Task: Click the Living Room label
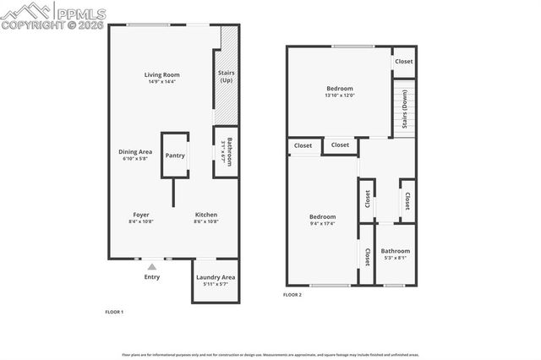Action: pos(161,74)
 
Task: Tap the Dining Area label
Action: pos(135,151)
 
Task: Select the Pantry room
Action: pos(175,155)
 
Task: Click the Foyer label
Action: pos(141,215)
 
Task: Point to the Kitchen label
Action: pos(207,215)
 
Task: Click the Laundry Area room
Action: pos(216,281)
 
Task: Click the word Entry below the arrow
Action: pos(152,277)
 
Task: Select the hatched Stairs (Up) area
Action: pos(226,76)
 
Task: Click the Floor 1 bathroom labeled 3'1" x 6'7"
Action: pos(226,152)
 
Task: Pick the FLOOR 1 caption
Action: pos(114,313)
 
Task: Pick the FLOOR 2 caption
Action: pos(292,295)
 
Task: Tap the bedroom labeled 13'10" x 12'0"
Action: pos(340,91)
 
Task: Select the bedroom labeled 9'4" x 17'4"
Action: pos(322,220)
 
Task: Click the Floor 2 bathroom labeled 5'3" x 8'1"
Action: pos(395,254)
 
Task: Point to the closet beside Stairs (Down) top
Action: pos(404,62)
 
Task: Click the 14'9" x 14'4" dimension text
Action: pos(161,82)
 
